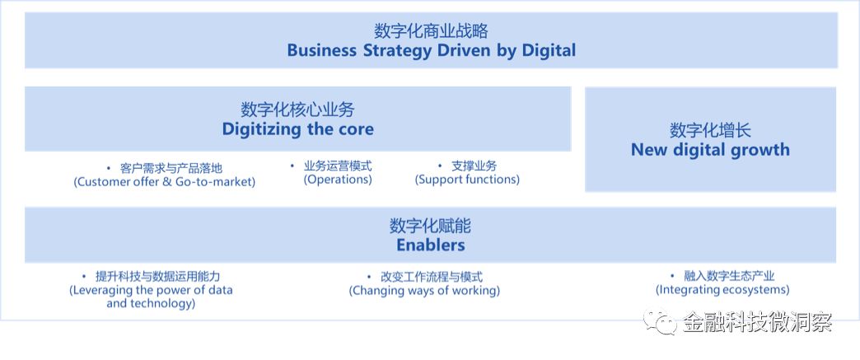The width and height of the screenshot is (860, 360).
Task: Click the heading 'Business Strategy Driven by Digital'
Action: click(431, 50)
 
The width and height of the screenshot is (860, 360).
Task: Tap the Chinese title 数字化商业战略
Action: click(431, 30)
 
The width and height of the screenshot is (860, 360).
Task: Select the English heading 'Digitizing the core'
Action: click(298, 129)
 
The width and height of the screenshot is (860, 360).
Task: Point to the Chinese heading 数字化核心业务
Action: click(298, 110)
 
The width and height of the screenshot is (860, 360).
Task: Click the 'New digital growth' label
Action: click(710, 150)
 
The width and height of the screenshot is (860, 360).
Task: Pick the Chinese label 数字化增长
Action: click(710, 130)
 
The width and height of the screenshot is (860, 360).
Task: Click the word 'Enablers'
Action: click(431, 245)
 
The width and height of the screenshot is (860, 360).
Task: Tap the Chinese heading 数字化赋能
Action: click(431, 225)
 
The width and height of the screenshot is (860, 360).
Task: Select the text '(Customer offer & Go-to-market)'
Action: click(165, 181)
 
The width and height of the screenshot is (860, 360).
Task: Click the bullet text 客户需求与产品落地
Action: click(171, 168)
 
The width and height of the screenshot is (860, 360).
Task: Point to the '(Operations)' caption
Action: click(338, 180)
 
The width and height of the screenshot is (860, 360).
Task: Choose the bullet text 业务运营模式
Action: click(338, 166)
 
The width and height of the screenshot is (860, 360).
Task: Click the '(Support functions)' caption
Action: click(467, 180)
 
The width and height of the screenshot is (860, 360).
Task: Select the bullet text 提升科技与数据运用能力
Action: click(157, 277)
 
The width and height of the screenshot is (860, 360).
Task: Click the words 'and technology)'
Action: click(151, 303)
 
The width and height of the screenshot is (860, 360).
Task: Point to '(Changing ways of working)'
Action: click(424, 290)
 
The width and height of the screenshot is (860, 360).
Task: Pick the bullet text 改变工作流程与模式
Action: click(432, 277)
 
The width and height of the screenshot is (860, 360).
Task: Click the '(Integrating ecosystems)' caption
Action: click(722, 289)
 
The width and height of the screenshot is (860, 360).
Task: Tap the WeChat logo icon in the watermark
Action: click(661, 322)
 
